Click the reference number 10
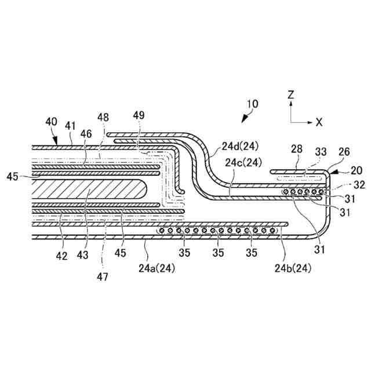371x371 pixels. tap(252, 106)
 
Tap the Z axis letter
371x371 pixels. tap(292, 94)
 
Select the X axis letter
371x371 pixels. tap(319, 122)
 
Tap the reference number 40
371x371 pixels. tap(51, 121)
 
